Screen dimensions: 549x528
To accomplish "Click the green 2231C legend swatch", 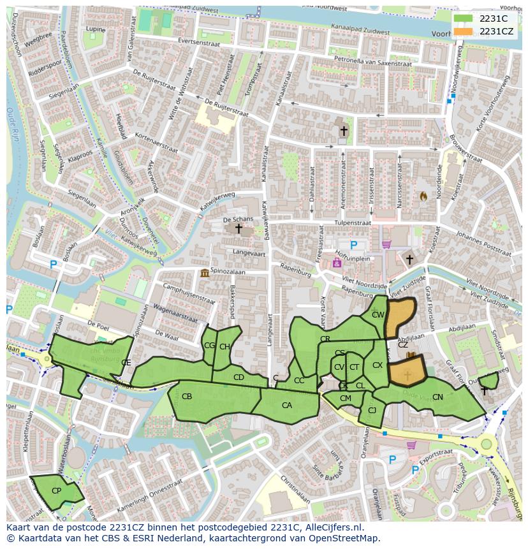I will point(463,18).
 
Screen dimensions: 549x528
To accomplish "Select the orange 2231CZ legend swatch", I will point(463,31).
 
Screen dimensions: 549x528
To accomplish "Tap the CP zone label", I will point(56,491).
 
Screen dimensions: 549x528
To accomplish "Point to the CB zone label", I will point(187,397).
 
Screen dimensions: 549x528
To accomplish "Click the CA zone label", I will point(287,406).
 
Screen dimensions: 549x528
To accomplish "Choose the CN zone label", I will point(437,397).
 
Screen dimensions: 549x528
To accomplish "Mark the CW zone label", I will point(378,315).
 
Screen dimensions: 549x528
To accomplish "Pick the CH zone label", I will point(224,347).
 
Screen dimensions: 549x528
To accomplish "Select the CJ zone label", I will point(372,411).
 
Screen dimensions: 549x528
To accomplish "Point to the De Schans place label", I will point(238,219).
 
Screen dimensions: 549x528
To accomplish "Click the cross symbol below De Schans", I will point(238,228).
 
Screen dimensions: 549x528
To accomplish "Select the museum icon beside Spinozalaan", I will point(204,274).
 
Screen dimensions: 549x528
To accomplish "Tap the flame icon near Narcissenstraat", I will point(422,196).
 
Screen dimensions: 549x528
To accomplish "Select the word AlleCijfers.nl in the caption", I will point(331,528).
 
